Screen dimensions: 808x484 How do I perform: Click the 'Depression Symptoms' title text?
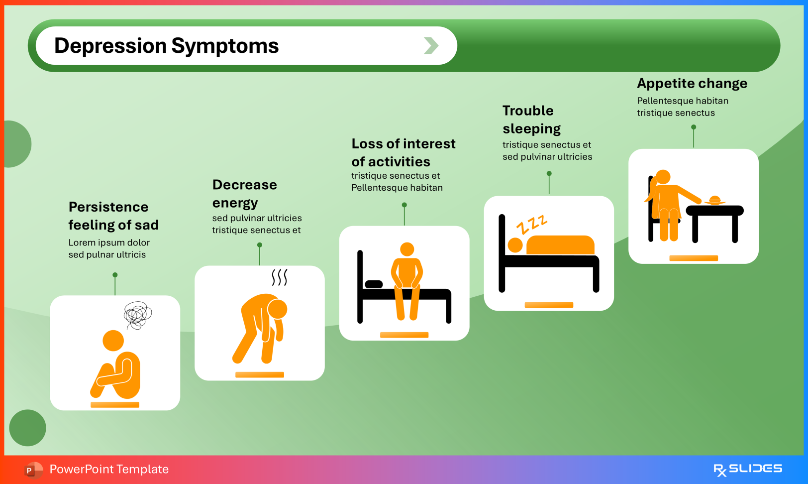click(x=166, y=46)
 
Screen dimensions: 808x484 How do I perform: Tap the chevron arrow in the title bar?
click(x=431, y=45)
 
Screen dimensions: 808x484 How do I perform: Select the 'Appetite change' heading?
click(x=692, y=83)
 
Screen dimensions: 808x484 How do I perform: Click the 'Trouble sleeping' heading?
click(x=531, y=120)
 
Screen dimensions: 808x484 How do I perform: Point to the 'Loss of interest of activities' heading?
click(x=403, y=152)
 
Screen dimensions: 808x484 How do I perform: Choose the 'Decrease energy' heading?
click(x=244, y=194)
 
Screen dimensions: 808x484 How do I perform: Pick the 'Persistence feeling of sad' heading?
click(x=113, y=216)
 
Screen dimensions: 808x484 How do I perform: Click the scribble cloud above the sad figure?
click(x=137, y=315)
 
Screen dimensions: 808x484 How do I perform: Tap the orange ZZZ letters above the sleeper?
click(x=532, y=224)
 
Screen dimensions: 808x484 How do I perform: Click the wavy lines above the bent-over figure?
click(x=279, y=277)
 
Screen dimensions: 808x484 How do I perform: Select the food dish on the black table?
click(x=714, y=200)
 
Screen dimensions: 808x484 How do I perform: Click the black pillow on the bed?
click(x=374, y=284)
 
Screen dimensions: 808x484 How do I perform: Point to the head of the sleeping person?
click(x=515, y=245)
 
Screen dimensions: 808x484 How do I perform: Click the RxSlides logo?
click(x=747, y=469)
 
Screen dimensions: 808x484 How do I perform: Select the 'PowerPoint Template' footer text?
click(x=109, y=469)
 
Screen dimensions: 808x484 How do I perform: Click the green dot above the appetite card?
click(x=694, y=127)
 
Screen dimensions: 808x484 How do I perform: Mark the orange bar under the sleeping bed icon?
click(x=549, y=305)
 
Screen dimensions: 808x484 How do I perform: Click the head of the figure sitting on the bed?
click(x=407, y=249)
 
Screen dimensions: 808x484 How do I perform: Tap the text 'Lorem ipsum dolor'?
click(x=109, y=242)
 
